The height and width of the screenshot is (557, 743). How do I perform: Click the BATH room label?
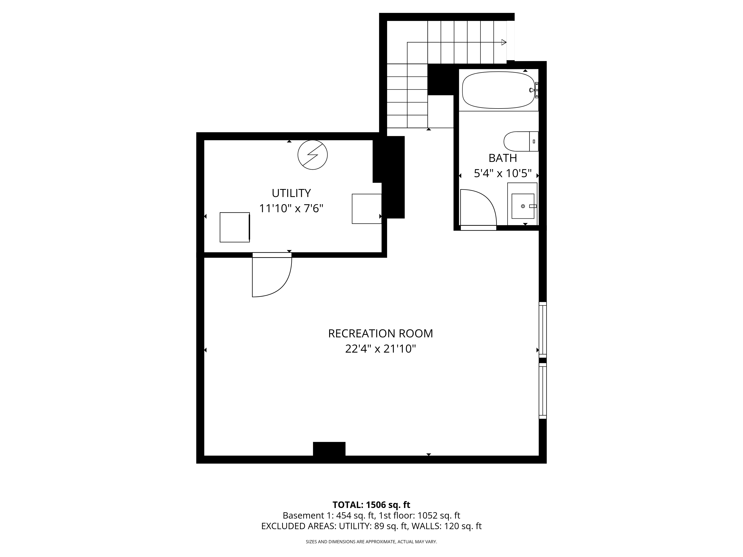click(x=502, y=158)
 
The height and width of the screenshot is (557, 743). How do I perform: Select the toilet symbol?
click(x=521, y=141)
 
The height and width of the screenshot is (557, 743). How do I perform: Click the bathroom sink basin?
click(x=523, y=206)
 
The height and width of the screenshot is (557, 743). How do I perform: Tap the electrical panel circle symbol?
click(x=312, y=155)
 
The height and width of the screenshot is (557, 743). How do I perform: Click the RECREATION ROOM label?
click(x=380, y=333)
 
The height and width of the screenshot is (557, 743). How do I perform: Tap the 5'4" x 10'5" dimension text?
click(x=502, y=173)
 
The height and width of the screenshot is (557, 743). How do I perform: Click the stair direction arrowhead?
click(x=504, y=42)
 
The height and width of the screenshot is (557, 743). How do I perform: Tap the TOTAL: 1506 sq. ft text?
click(x=371, y=505)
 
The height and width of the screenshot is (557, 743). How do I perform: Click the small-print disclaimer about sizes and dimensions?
click(x=371, y=542)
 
